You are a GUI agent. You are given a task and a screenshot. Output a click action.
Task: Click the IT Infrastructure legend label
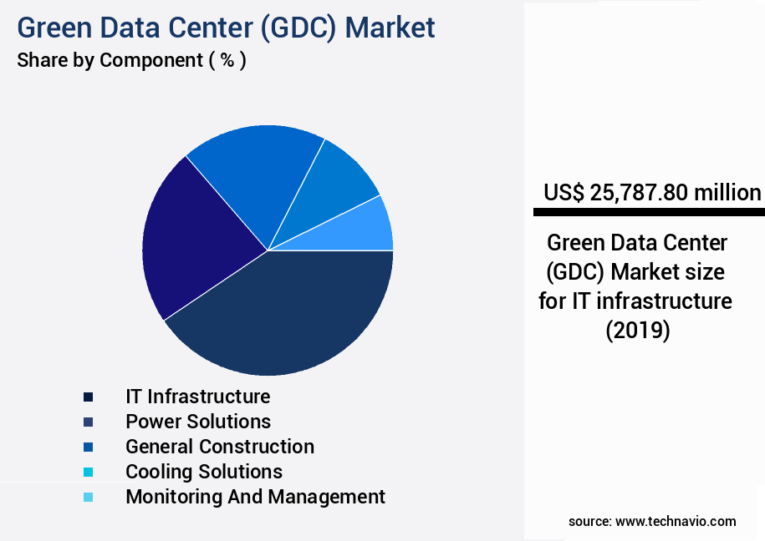(198, 396)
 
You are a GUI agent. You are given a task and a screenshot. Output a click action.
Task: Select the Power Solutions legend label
(198, 421)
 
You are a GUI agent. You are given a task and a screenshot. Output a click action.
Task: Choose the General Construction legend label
(220, 447)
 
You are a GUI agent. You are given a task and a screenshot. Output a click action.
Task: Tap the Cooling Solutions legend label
(204, 472)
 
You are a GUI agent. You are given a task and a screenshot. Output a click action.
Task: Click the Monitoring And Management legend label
(255, 497)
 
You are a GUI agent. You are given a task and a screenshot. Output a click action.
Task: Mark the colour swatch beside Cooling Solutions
(88, 473)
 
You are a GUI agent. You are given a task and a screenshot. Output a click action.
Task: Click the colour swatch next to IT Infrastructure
(88, 397)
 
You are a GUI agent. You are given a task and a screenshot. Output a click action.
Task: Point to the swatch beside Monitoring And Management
(88, 498)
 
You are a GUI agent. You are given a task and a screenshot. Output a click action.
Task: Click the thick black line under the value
(649, 213)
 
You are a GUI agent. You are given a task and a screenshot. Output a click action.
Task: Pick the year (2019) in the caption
(638, 330)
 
